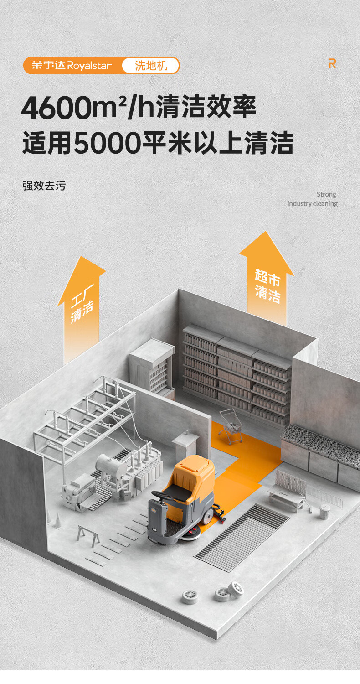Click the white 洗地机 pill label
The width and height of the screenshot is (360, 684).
[x=150, y=65]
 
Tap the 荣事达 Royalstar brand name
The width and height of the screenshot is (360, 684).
[x=72, y=65]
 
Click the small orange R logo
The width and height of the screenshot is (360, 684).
[x=332, y=63]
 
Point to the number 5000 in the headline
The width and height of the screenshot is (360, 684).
[x=108, y=143]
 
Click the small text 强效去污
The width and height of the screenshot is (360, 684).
[x=44, y=186]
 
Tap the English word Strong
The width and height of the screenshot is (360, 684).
[x=326, y=194]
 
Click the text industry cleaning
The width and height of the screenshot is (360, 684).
[x=313, y=203]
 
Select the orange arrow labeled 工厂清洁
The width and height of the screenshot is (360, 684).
[x=81, y=308]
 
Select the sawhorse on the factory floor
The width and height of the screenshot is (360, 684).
[x=88, y=535]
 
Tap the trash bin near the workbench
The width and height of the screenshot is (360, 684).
[x=324, y=511]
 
